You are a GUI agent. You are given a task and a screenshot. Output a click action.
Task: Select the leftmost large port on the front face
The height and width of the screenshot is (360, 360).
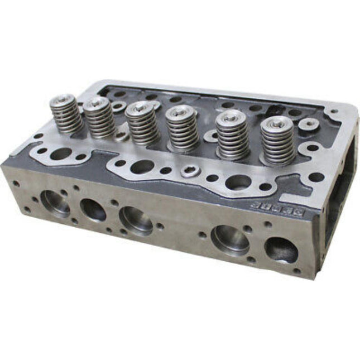point(55,203)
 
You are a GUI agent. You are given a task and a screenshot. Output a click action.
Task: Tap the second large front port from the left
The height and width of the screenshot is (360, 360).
point(93,210)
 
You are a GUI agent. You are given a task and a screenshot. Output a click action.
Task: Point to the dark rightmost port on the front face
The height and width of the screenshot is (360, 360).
point(281,249)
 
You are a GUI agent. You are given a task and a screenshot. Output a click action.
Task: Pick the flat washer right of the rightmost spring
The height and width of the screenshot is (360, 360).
point(308,124)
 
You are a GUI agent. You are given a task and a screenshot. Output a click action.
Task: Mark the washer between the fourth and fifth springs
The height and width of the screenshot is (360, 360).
point(211,135)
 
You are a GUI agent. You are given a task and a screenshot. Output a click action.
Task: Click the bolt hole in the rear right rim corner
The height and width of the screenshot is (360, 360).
point(334,112)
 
